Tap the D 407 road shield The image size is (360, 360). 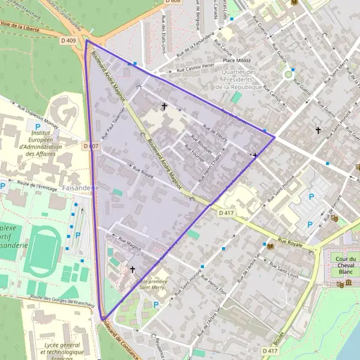[91, 146]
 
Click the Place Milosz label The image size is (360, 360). [236, 60]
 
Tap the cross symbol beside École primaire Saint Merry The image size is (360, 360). [133, 270]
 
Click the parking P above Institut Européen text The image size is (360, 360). [38, 127]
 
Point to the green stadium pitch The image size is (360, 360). [43, 253]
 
